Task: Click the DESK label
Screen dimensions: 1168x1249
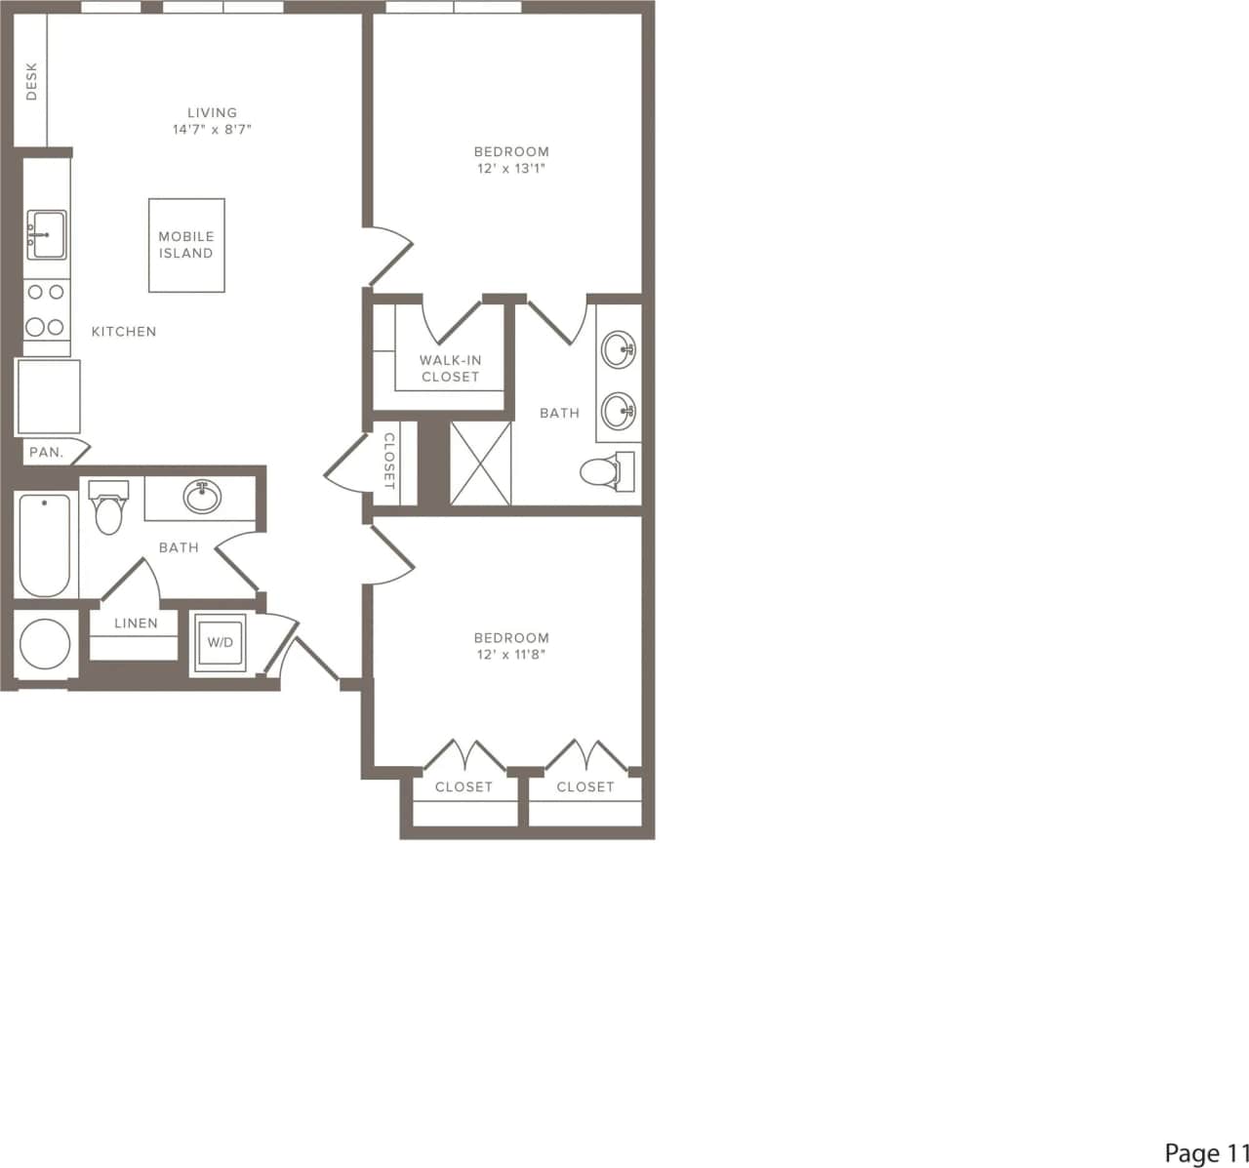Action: (x=31, y=82)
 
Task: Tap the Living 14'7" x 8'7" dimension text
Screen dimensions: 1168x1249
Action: (x=212, y=129)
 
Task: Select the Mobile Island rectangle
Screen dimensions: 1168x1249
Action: (x=186, y=245)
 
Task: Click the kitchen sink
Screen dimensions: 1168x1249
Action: (x=46, y=234)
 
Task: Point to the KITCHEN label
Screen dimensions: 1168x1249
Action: (x=124, y=332)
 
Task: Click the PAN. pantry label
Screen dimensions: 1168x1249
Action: (x=47, y=452)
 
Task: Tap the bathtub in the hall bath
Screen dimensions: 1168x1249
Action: (x=44, y=544)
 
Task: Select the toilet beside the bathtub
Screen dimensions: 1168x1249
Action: (x=108, y=510)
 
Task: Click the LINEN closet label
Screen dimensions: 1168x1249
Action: (x=136, y=623)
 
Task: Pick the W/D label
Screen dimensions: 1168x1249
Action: (x=221, y=642)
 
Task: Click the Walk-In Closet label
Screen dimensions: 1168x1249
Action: (x=450, y=368)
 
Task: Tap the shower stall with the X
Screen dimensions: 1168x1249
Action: (x=480, y=463)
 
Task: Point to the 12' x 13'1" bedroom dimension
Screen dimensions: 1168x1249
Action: (x=511, y=168)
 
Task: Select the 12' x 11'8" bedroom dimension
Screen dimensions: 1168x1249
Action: (x=511, y=655)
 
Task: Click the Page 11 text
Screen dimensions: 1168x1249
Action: (x=1206, y=1153)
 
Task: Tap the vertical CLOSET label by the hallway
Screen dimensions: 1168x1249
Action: (x=388, y=462)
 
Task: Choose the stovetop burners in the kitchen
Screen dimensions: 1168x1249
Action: (x=46, y=309)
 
